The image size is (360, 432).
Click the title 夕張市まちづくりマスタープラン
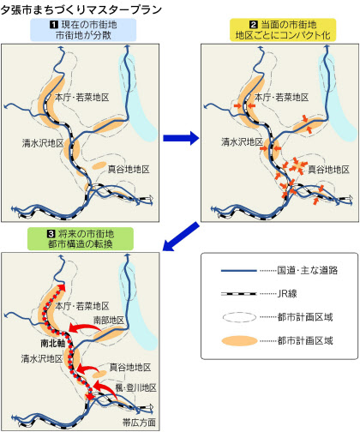[x=81, y=9]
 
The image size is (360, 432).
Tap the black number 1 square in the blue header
[x=54, y=25]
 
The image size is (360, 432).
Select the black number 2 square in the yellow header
[x=254, y=25]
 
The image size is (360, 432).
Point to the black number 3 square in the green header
[x=51, y=234]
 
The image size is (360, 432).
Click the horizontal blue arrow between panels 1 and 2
[x=181, y=138]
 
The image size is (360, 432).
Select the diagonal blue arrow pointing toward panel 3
[x=181, y=237]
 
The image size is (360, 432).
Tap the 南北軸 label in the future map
[x=53, y=343]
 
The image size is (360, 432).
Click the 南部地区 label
[x=109, y=320]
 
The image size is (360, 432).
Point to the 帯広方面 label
[x=139, y=423]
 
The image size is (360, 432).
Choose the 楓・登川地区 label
[x=136, y=387]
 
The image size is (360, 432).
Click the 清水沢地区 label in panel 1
[x=43, y=143]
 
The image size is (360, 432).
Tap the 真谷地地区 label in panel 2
[x=328, y=170]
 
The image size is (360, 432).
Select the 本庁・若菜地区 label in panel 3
[x=82, y=306]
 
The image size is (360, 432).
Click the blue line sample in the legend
[x=239, y=270]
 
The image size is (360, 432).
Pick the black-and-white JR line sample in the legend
[x=239, y=294]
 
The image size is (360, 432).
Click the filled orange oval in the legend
[x=239, y=341]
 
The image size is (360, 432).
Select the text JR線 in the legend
[x=287, y=294]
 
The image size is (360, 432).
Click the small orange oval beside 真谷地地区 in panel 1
[x=99, y=165]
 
